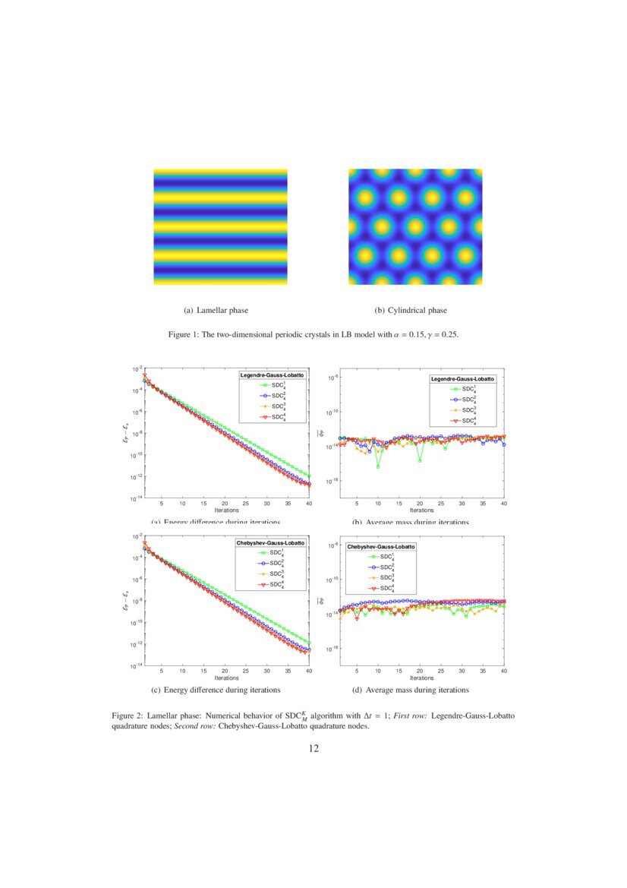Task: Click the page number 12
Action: coord(313,749)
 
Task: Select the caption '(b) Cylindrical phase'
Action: coord(411,310)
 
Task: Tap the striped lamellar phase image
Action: coord(221,226)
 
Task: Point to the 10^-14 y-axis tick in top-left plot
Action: coord(136,498)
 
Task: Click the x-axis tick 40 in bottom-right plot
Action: coord(504,672)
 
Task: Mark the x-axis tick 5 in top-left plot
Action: coord(162,504)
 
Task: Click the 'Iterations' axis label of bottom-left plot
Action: coord(226,678)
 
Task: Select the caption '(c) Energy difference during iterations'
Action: coord(216,690)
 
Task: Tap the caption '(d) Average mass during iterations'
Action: coord(411,690)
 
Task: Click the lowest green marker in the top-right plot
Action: coord(378,466)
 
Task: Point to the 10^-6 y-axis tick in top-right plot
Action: coord(332,378)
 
